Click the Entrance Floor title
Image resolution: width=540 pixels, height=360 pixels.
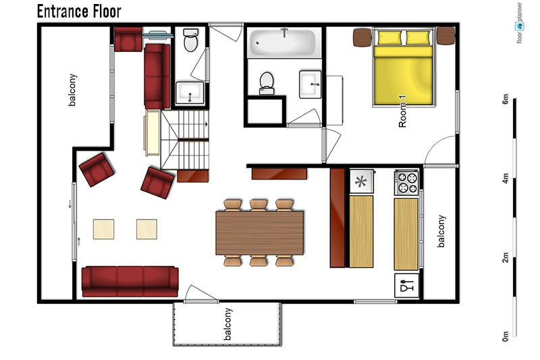click(79, 11)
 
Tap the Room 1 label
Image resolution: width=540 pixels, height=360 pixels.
click(402, 111)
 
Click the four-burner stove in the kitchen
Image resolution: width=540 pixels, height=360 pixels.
click(406, 182)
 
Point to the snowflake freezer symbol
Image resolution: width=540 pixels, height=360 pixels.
click(361, 181)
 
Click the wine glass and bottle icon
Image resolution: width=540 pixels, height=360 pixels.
click(406, 286)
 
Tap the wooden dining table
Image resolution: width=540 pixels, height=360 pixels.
click(259, 233)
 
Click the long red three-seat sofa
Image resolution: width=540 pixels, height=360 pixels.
click(130, 281)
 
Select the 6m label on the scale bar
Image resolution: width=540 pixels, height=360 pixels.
click(505, 99)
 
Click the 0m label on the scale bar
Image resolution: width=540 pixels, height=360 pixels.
click(505, 336)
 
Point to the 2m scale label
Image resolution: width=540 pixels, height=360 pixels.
click(505, 257)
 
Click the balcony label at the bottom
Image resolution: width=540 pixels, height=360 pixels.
click(227, 324)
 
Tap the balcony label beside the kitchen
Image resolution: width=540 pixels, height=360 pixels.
click(441, 231)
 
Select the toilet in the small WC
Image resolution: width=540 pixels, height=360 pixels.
click(190, 40)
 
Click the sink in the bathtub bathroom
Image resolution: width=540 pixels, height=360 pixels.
click(310, 84)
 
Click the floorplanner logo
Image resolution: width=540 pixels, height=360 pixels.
click(519, 24)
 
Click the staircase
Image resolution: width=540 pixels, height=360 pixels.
click(185, 140)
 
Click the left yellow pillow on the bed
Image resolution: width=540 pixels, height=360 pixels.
click(390, 38)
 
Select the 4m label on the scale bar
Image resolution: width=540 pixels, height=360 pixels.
click(505, 178)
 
